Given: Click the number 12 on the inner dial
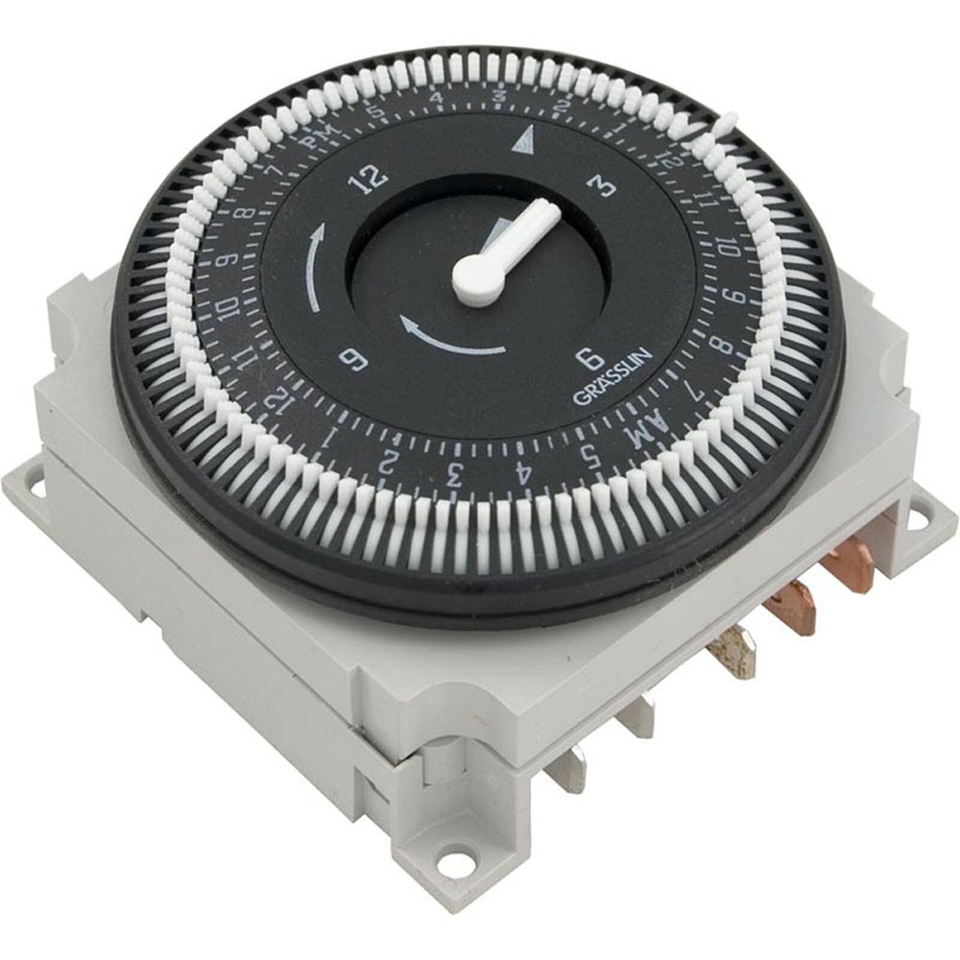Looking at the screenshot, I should click(x=371, y=176).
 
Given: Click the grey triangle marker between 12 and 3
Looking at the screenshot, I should click(x=521, y=143).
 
